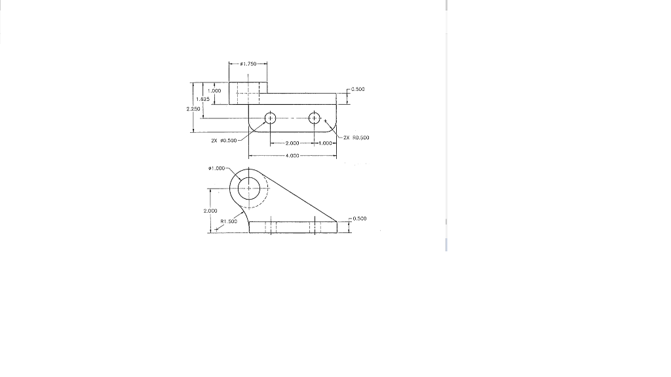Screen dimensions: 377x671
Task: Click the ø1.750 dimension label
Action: [x=248, y=63]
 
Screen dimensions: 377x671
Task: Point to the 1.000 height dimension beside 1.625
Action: [x=214, y=90]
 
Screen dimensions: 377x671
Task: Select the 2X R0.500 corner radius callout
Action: [x=356, y=138]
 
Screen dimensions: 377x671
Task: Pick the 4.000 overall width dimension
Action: [x=292, y=156]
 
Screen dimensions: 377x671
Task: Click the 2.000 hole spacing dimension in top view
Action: [x=292, y=143]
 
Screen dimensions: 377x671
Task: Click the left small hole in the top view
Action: [x=269, y=118]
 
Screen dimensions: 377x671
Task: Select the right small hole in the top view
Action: [x=315, y=118]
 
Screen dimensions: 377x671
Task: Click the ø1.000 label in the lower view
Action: [x=216, y=169]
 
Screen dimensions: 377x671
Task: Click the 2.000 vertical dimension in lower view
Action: [x=210, y=211]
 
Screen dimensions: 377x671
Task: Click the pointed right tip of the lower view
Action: [x=337, y=221]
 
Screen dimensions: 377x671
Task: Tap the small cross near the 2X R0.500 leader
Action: [x=326, y=120]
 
